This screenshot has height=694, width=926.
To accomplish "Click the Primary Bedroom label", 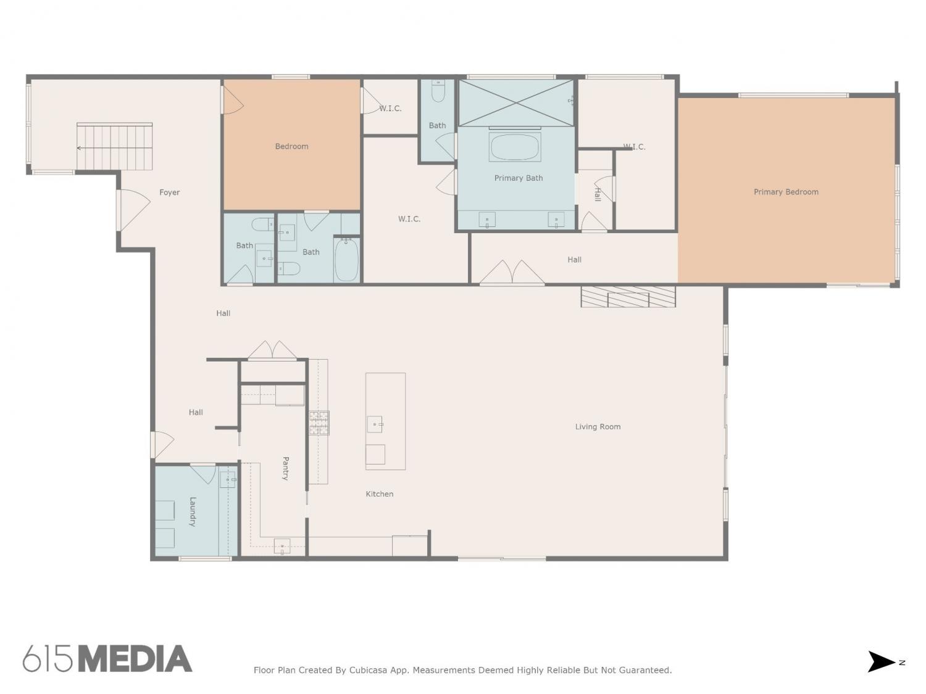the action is tap(785, 192).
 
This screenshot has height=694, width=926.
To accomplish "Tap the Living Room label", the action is tap(598, 426).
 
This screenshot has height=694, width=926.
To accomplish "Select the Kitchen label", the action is tap(379, 494).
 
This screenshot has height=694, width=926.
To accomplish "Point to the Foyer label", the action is tap(169, 192).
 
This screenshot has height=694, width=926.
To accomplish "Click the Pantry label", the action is tap(286, 468).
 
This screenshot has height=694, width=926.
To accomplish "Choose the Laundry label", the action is tap(193, 511).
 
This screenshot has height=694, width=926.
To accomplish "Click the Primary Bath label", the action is tap(518, 178).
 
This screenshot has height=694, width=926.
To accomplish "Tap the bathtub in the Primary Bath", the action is tap(514, 147).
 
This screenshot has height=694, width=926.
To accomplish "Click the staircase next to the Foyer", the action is tap(114, 146).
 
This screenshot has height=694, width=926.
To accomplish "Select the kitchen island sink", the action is tap(375, 424).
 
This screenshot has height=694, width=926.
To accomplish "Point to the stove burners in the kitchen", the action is tap(319, 423).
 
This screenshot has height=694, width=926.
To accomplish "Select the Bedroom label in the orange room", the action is tap(291, 146).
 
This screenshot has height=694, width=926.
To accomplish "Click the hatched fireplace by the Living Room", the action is tap(628, 297).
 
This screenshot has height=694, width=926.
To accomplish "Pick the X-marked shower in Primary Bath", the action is tap(516, 102).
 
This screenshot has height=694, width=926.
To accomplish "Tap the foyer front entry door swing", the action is tap(134, 210).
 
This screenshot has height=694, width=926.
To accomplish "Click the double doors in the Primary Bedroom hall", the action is tap(512, 272).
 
